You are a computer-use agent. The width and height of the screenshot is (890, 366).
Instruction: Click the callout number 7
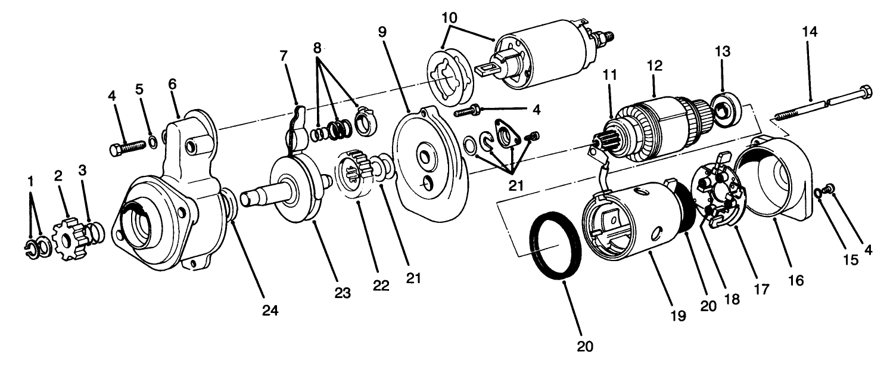284,57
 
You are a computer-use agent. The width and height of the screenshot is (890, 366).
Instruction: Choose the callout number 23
343,293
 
